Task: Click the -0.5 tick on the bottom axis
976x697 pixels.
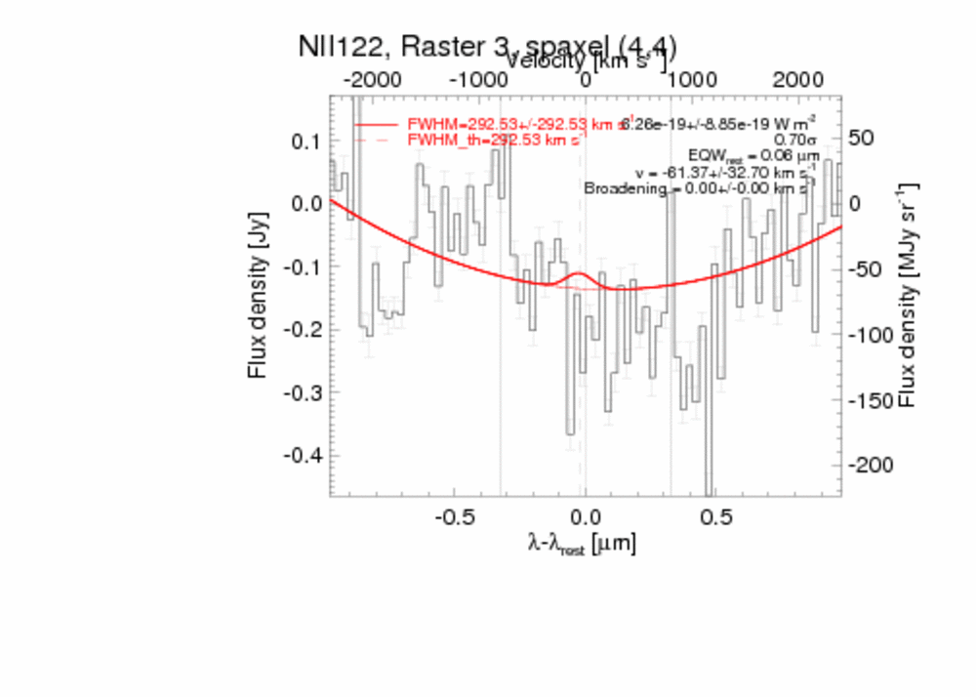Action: coord(454,514)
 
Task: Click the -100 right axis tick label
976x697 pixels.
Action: coord(872,334)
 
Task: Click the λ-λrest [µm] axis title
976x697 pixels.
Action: coord(583,545)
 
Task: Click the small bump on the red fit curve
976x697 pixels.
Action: coord(578,277)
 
